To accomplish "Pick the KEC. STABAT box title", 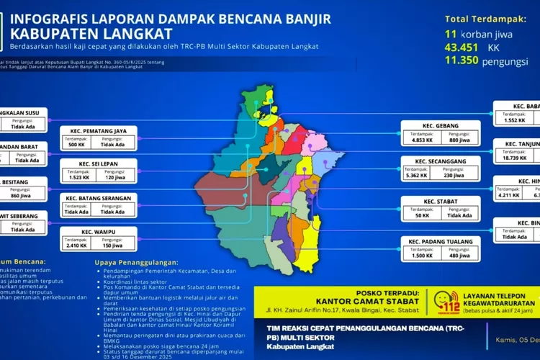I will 437,201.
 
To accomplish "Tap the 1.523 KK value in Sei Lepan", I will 78,176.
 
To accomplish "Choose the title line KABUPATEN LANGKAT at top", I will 91,33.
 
